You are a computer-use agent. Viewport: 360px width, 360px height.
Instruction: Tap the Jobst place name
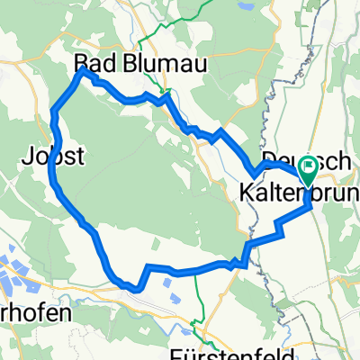tap(53, 156)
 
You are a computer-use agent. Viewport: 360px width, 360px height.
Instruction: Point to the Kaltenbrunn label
tap(297, 191)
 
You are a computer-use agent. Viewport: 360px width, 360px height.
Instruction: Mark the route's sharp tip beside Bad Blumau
tap(83, 68)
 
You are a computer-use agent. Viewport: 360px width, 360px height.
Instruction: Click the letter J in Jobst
tap(24, 156)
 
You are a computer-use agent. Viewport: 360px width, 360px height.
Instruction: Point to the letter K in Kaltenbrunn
tap(247, 191)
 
